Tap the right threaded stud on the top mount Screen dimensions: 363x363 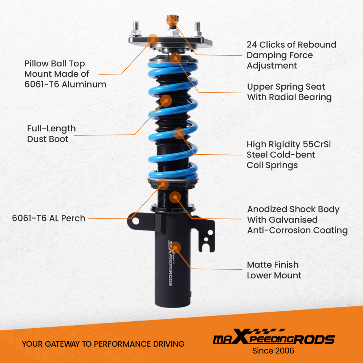[198, 29]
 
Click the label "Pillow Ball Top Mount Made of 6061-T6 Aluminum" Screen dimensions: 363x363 [65, 74]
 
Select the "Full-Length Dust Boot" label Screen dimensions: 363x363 [51, 134]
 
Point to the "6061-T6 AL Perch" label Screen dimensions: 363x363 [49, 218]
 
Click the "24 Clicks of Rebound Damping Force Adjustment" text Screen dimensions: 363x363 [291, 55]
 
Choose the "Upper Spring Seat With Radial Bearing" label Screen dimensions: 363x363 [289, 92]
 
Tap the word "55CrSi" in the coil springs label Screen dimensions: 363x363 [317, 144]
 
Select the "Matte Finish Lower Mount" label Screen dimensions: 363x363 [274, 270]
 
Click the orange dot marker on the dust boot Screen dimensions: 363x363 [166, 101]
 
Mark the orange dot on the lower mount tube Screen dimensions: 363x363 [175, 247]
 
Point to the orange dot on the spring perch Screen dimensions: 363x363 [163, 184]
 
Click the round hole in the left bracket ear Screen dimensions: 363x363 [135, 220]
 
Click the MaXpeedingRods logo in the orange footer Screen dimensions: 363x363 [273, 339]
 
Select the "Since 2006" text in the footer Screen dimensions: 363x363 [273, 351]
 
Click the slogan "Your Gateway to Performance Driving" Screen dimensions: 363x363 [103, 344]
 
